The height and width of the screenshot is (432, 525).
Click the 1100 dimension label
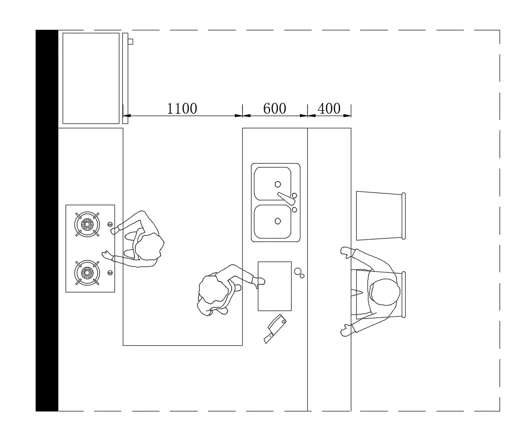tap(182, 108)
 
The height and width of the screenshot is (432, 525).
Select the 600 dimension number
tap(274, 108)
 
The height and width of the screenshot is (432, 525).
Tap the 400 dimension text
tap(329, 108)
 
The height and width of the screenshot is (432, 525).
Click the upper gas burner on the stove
tap(87, 224)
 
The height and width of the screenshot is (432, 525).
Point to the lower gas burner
tap(87, 272)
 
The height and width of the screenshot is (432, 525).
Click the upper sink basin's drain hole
tap(278, 185)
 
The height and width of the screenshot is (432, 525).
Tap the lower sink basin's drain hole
tap(278, 221)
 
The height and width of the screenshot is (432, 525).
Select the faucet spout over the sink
tap(285, 197)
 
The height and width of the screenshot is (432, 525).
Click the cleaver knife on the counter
tap(274, 328)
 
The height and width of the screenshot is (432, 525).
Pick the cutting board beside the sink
tap(274, 286)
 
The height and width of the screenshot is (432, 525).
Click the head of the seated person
tap(385, 292)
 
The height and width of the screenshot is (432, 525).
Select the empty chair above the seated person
tap(380, 216)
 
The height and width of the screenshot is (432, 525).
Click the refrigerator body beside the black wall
tap(91, 78)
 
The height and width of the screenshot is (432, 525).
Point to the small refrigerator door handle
tap(130, 42)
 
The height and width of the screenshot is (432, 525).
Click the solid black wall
tap(47, 220)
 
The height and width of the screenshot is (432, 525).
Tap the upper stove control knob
tap(110, 225)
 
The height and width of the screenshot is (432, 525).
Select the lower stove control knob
tap(110, 272)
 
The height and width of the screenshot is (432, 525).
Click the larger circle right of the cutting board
tap(297, 271)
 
